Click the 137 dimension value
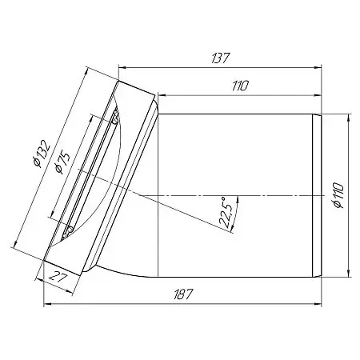pyautogui.click(x=220, y=58)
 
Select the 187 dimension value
pyautogui.click(x=183, y=294)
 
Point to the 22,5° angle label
pyautogui.click(x=225, y=213)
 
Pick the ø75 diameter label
pyautogui.click(x=62, y=162)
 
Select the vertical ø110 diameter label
pyautogui.click(x=338, y=195)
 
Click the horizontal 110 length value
pyautogui.click(x=240, y=86)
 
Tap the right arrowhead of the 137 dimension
pyautogui.click(x=318, y=67)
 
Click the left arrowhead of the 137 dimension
pyautogui.click(x=122, y=67)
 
